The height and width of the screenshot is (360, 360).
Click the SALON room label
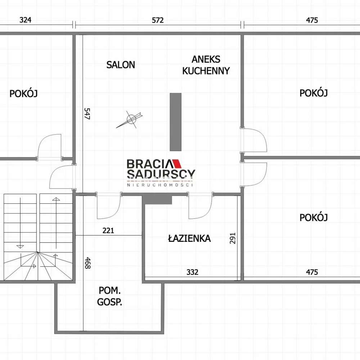[121, 65]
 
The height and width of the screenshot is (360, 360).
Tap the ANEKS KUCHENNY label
[206, 65]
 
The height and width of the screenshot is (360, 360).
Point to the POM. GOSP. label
[109, 296]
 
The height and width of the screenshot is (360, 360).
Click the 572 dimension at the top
[158, 20]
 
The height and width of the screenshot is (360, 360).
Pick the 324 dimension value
[25, 20]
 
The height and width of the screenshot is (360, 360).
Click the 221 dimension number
[108, 230]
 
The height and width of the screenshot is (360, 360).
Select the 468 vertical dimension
[87, 263]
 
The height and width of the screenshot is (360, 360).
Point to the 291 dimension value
[233, 238]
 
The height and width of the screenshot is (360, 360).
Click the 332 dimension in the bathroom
[192, 272]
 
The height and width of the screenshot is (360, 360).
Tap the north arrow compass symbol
[130, 120]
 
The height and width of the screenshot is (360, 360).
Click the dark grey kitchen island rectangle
[176, 122]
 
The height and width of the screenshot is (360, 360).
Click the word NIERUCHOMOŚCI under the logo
[160, 185]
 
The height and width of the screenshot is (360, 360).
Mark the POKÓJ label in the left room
[23, 94]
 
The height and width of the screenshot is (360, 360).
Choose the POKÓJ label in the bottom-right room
[314, 217]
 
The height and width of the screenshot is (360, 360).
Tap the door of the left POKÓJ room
[49, 147]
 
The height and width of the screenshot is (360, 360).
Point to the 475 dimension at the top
[312, 20]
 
